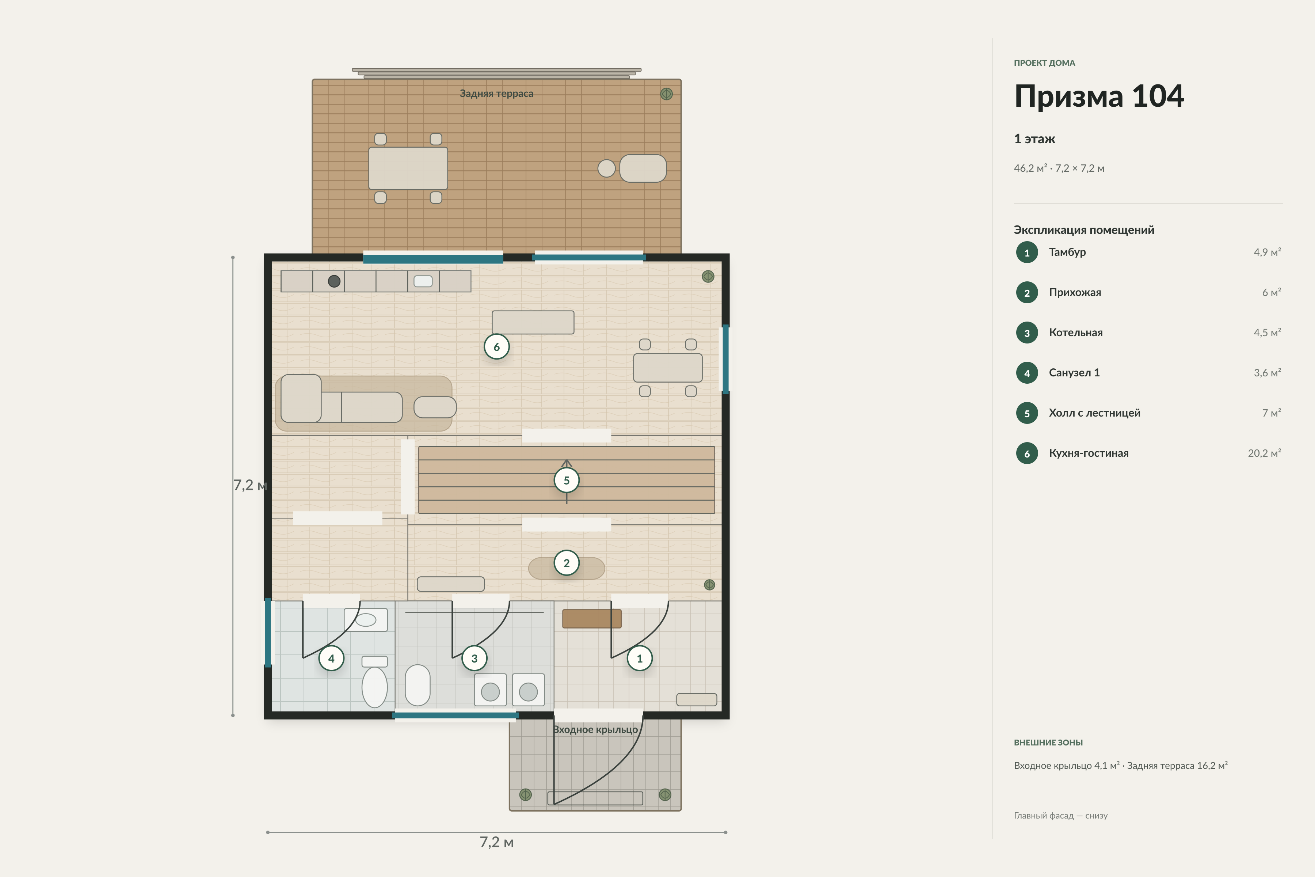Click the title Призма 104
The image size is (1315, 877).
(x=1099, y=96)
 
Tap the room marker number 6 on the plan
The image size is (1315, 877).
(x=496, y=347)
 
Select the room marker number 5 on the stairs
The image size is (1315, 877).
(x=567, y=481)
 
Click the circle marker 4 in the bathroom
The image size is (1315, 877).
(x=331, y=658)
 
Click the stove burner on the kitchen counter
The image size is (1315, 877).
(x=334, y=281)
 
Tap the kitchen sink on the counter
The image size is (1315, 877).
(x=423, y=281)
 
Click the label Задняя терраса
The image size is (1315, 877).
(x=496, y=94)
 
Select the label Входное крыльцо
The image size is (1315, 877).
(x=595, y=729)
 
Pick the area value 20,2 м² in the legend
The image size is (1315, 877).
(x=1264, y=453)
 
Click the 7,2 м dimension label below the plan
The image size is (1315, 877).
(x=496, y=842)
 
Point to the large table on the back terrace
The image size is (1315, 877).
(x=408, y=168)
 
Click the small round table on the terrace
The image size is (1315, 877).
(x=607, y=168)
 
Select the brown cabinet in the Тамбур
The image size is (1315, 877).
(x=591, y=619)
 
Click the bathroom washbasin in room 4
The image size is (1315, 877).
(x=366, y=620)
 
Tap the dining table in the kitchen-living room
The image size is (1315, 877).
(x=668, y=368)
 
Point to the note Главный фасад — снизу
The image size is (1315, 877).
(x=1061, y=816)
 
